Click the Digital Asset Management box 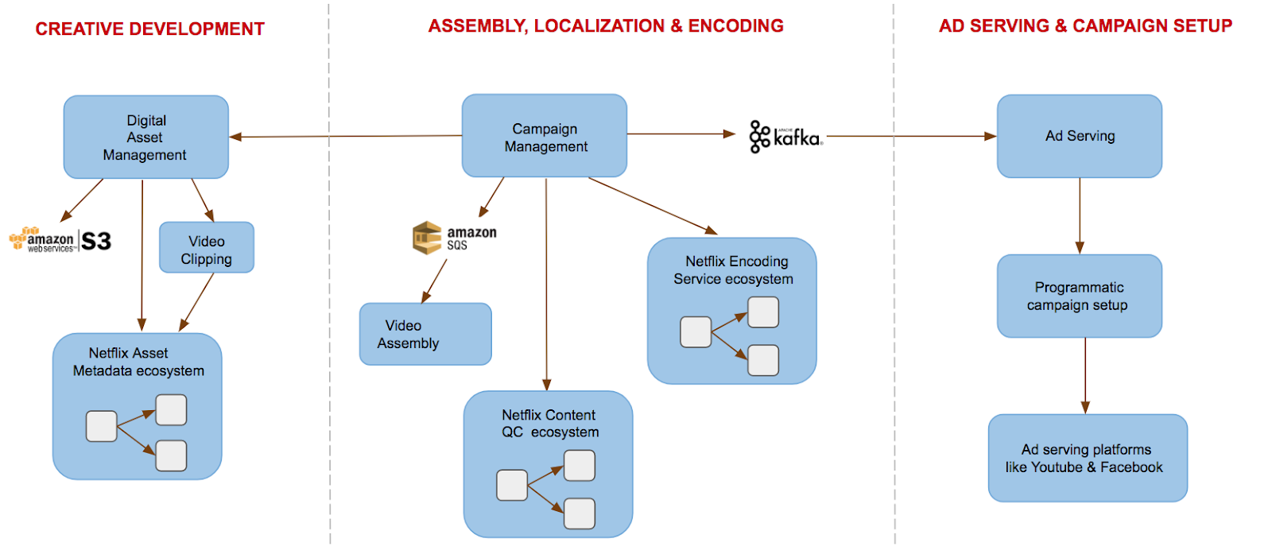[146, 137]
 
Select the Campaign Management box [545, 136]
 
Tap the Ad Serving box [1080, 136]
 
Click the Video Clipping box [207, 249]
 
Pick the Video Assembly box [425, 334]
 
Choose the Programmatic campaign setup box [1080, 296]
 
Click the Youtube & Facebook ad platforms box [1088, 458]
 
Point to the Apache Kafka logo [785, 137]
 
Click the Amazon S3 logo [60, 240]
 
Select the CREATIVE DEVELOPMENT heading [150, 29]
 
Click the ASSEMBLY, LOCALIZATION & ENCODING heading [606, 26]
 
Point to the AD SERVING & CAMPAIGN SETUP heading [1085, 26]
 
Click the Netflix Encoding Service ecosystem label [733, 270]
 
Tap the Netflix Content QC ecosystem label [549, 424]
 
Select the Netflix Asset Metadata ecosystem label [138, 362]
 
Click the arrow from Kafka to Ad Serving [910, 137]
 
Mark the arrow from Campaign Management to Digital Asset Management [346, 137]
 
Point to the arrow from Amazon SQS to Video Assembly [435, 281]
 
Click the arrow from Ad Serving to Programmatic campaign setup [1080, 215]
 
